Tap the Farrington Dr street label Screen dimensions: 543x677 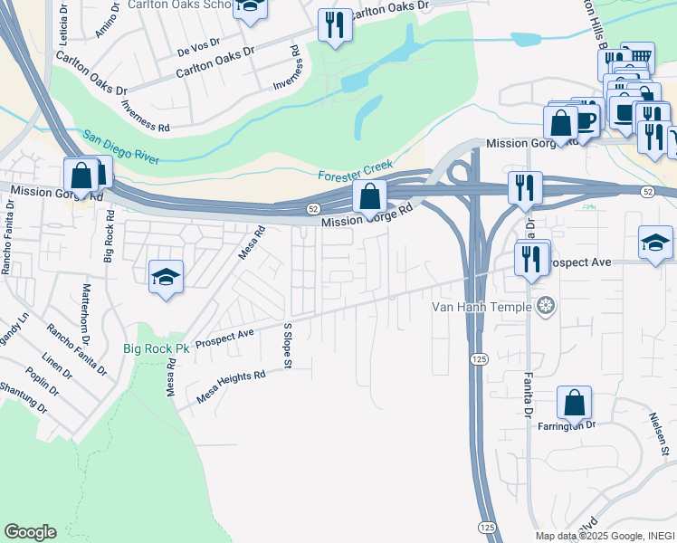(567, 425)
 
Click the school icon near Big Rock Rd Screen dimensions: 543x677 (167, 276)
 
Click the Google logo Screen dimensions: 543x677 (30, 532)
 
